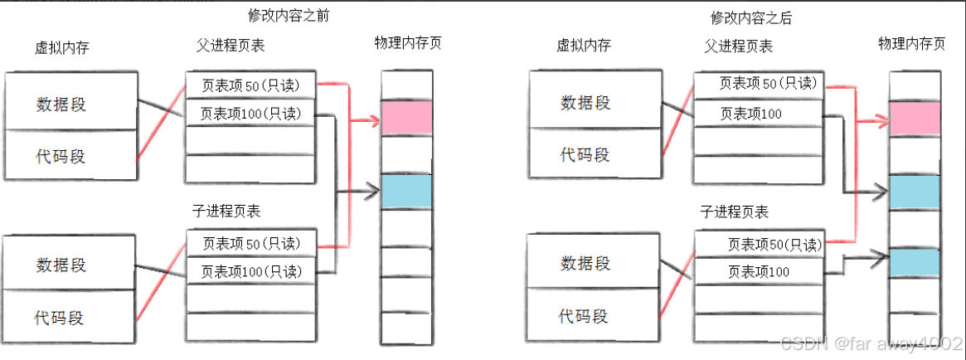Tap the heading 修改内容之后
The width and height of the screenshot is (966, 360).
coord(751,17)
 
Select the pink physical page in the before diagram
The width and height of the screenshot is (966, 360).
coord(406,118)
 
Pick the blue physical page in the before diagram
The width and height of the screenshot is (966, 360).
coord(406,191)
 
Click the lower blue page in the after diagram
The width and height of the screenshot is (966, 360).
coord(914,263)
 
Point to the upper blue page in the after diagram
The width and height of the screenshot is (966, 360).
coord(914,192)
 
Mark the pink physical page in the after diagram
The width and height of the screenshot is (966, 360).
coord(914,119)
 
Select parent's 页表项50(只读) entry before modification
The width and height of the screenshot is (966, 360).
coord(250,85)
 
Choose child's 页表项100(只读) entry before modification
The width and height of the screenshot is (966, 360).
coord(250,270)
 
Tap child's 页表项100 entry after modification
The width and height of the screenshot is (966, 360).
coord(759,271)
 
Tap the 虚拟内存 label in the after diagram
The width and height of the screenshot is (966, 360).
coord(584,46)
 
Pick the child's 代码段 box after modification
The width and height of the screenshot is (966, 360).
coord(584,316)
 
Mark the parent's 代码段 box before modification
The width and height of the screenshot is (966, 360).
coord(70,155)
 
